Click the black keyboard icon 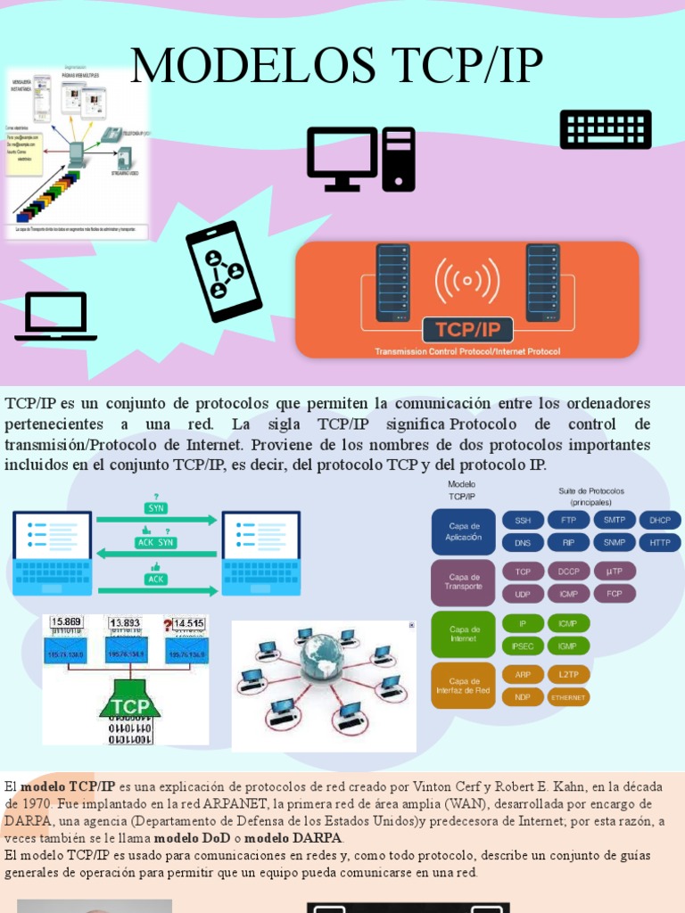(606, 129)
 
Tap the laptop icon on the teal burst (56, 317)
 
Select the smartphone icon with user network (223, 271)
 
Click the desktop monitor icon (342, 158)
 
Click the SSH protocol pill (523, 520)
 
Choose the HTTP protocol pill (660, 542)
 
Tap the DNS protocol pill (523, 542)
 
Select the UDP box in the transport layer (523, 594)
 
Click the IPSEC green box (523, 646)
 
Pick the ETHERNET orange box (568, 697)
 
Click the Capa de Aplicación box (464, 532)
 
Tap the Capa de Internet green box (464, 634)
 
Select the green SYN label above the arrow (156, 508)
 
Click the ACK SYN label (156, 542)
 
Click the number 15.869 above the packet (67, 622)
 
